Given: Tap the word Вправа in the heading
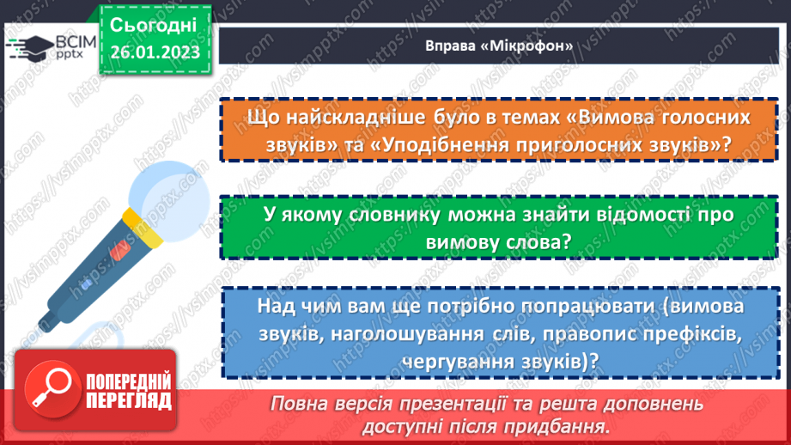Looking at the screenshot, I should (449, 46).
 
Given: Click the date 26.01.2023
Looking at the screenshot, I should (155, 52).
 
